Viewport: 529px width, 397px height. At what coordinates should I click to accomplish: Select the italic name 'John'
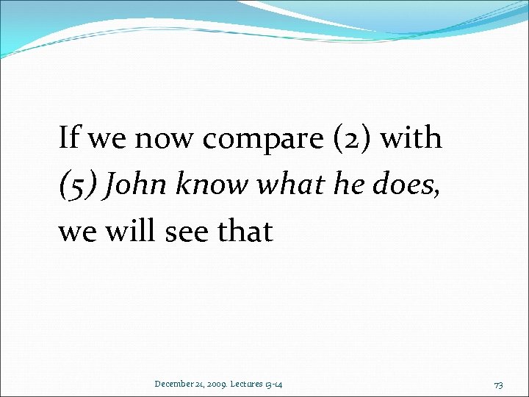tap(132, 185)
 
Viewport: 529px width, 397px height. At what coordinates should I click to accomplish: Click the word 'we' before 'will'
tap(76, 232)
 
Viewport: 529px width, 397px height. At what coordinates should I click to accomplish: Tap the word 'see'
tap(184, 232)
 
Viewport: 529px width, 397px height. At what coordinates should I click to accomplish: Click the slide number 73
tap(498, 384)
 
